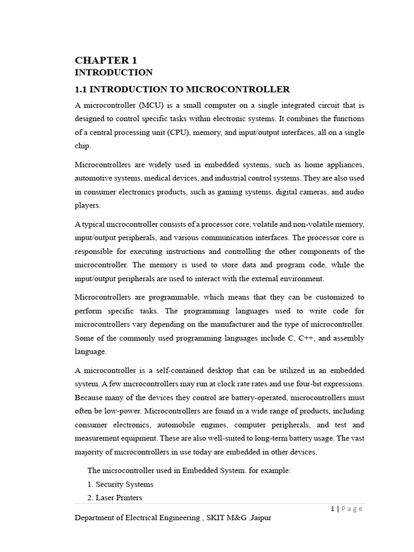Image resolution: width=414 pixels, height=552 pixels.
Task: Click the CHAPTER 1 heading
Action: click(106, 60)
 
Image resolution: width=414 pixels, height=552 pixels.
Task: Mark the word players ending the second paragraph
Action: click(87, 205)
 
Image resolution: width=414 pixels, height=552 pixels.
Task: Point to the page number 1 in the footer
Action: click(333, 509)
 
